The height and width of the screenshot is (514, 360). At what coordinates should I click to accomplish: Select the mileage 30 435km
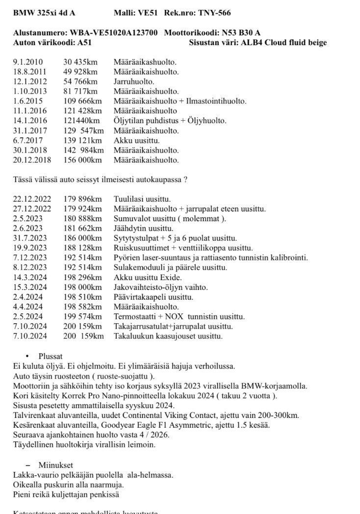click(x=80, y=62)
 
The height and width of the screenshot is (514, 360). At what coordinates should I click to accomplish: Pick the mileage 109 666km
click(x=82, y=101)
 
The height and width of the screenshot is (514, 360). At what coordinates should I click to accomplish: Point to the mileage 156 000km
click(x=82, y=160)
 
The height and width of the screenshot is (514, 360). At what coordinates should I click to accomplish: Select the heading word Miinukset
click(x=54, y=465)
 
